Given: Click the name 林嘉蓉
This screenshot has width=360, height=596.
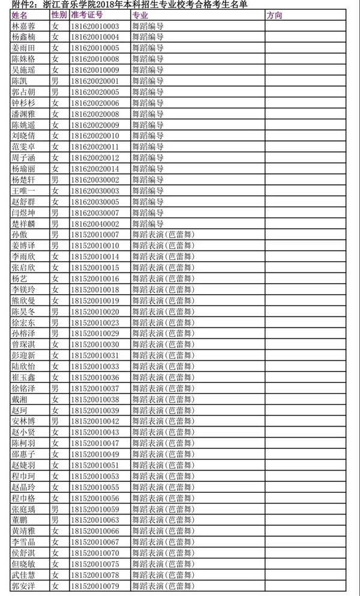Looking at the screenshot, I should tap(24, 26).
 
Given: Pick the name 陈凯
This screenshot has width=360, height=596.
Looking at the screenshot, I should tap(20, 81).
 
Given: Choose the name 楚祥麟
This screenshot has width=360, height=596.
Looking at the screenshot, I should tap(24, 224).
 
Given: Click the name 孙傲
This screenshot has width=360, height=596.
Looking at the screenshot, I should tap(20, 235).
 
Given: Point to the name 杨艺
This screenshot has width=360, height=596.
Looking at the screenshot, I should tap(20, 278).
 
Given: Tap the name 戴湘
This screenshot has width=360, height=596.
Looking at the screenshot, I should tap(20, 399).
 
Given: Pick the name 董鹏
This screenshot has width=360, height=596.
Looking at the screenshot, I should tap(20, 520).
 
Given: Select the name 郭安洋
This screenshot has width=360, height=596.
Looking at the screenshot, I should tap(24, 586).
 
